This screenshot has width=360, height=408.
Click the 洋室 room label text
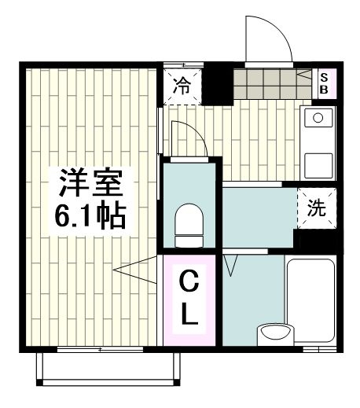91,186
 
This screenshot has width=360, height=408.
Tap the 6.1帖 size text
91,217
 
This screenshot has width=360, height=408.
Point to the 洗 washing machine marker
316,208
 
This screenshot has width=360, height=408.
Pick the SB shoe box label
325,83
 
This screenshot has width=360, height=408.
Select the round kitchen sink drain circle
318,119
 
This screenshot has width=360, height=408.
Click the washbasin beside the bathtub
274,331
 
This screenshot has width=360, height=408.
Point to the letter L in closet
189,314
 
